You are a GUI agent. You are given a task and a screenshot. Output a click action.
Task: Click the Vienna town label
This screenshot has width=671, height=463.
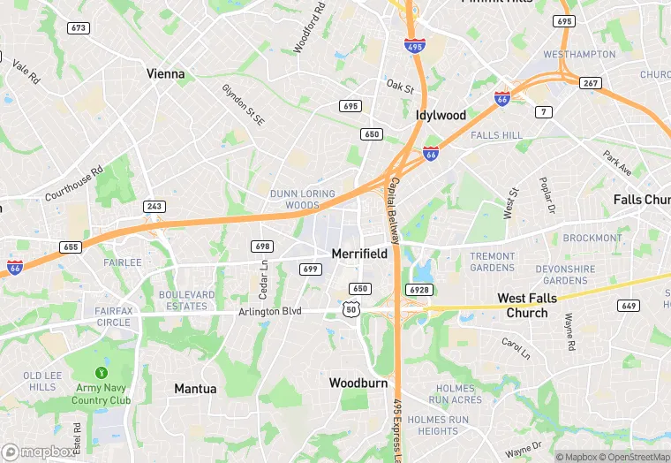[166, 74]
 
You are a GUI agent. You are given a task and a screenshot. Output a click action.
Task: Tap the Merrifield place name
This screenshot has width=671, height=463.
[359, 254]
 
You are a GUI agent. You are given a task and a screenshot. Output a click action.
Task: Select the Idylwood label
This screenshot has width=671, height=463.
[441, 116]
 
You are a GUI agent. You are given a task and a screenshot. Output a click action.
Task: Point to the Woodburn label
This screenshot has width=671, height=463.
[359, 383]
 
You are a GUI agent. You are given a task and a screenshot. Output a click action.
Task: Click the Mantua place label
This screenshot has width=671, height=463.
[195, 389]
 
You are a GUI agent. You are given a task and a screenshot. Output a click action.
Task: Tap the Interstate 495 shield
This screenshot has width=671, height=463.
[414, 44]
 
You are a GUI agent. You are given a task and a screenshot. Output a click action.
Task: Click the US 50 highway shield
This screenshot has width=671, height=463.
[351, 308]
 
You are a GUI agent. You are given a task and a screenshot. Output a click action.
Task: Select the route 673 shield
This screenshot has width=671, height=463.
[79, 28]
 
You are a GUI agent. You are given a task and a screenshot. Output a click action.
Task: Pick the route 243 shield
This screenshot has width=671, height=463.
[155, 206]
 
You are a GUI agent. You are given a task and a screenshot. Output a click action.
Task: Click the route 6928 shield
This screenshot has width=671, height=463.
[419, 290]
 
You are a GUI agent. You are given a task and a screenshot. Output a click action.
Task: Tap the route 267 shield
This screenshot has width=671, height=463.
[590, 82]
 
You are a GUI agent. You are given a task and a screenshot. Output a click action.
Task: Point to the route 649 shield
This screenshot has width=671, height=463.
[629, 306]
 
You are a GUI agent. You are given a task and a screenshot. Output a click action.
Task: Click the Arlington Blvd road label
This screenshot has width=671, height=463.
[270, 312]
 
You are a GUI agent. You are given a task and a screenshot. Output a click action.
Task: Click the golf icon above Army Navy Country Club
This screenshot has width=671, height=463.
[102, 371]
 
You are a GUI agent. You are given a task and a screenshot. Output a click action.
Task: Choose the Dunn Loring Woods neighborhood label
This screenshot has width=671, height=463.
[303, 199]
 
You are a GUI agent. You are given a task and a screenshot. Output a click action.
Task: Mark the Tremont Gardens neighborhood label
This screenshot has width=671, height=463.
[492, 262]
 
